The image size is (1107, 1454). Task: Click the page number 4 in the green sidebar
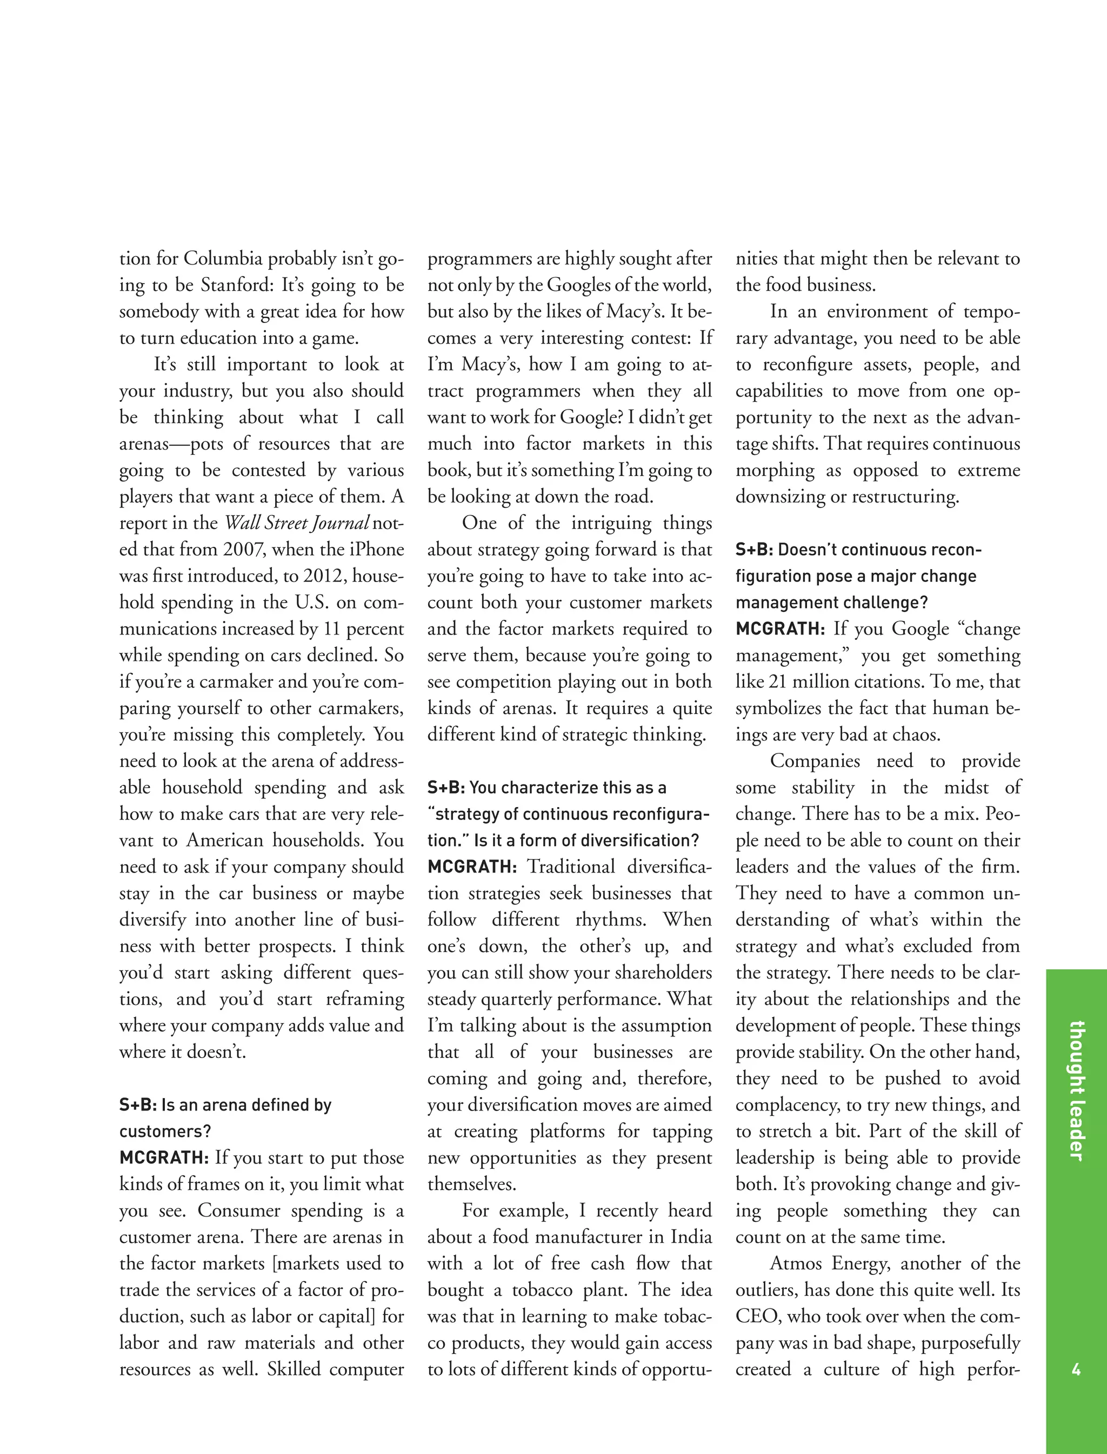(x=1076, y=1370)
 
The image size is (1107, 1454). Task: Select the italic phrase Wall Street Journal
(x=297, y=523)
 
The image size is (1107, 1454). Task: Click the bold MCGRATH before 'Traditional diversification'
(x=472, y=867)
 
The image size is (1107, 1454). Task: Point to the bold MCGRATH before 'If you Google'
(x=780, y=629)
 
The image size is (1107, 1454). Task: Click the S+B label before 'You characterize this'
(x=446, y=788)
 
